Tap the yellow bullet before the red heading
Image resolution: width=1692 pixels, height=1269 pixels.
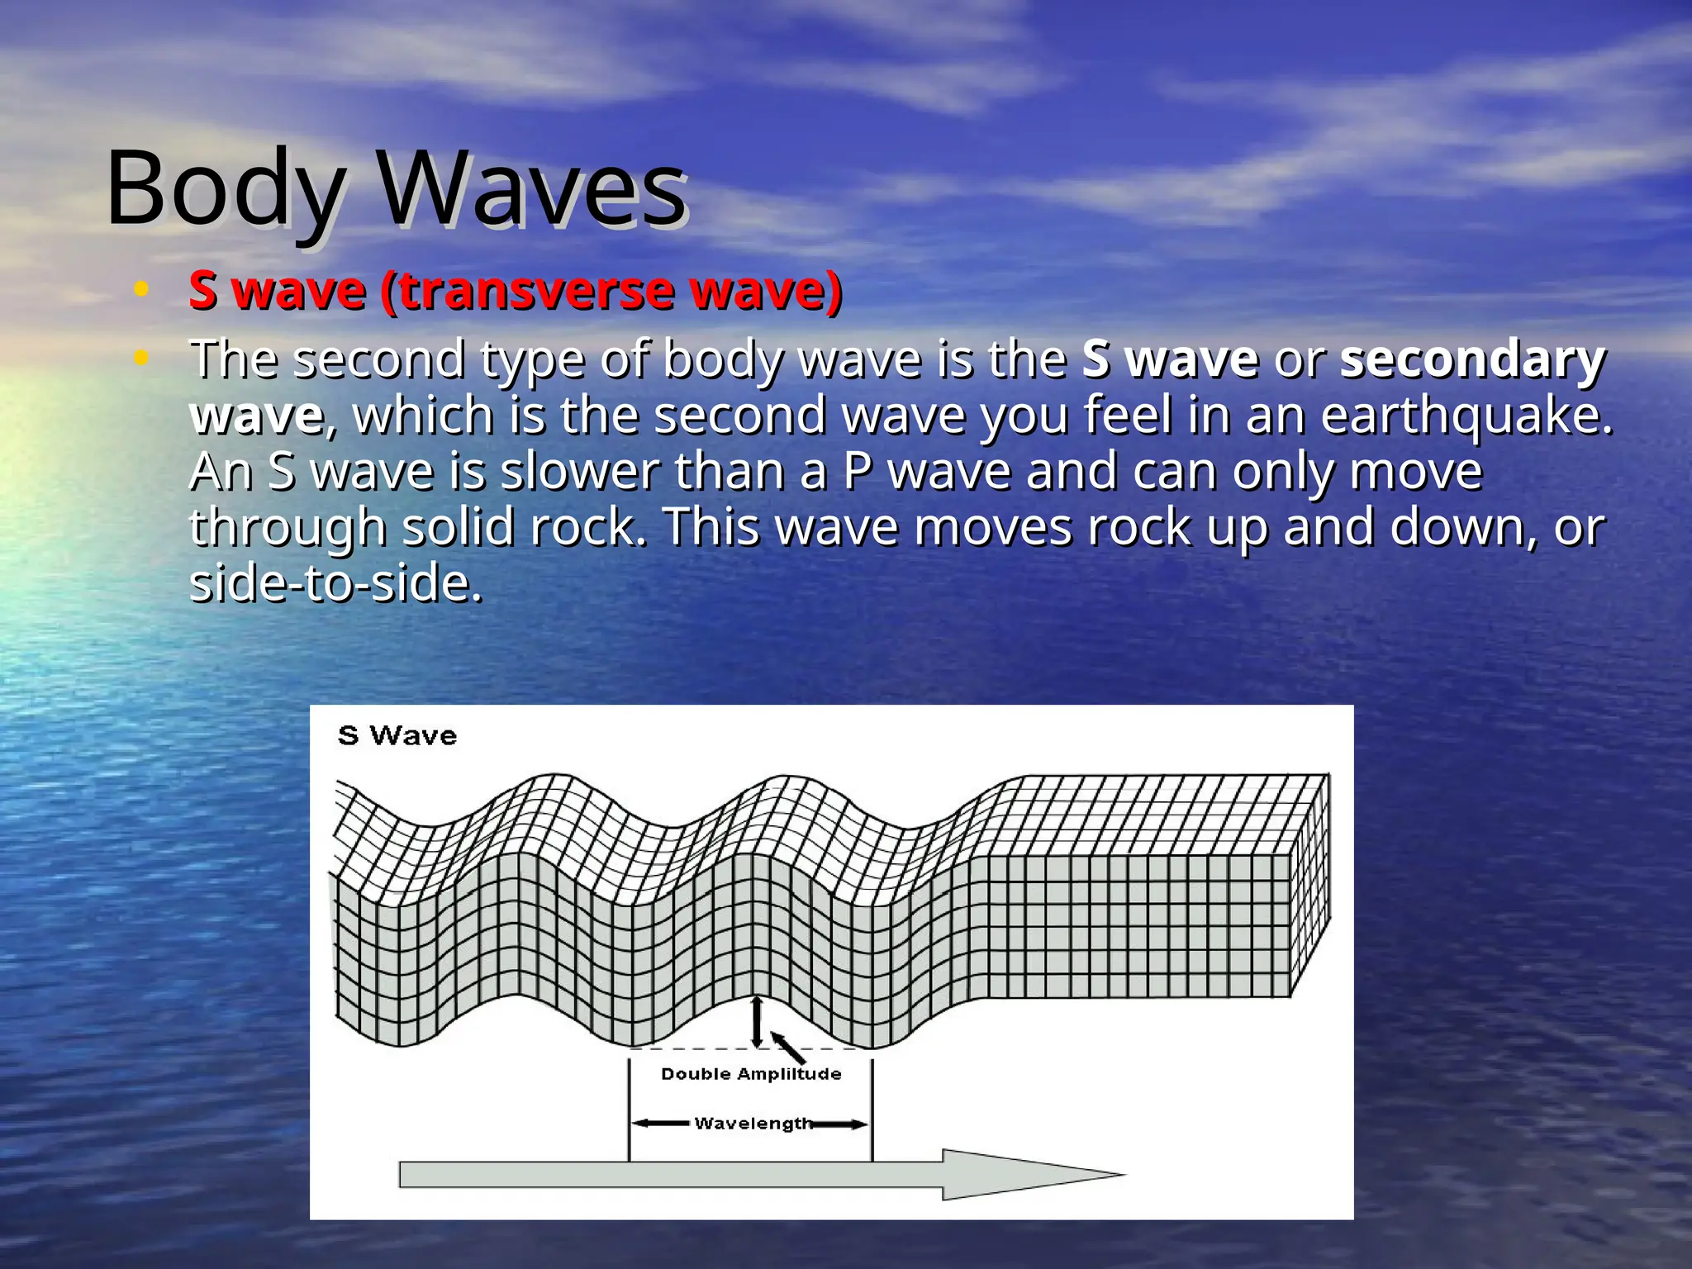[141, 288]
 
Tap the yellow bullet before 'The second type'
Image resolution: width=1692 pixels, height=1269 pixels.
[141, 357]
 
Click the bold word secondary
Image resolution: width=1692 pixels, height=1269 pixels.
[1472, 360]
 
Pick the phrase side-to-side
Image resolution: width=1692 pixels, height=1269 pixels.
[335, 583]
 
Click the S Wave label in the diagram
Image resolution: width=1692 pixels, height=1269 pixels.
[397, 735]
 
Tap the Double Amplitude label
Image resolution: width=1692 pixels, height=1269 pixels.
[751, 1074]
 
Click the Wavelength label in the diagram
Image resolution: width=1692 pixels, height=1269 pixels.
[753, 1124]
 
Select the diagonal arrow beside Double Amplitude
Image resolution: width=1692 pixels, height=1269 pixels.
[788, 1046]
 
